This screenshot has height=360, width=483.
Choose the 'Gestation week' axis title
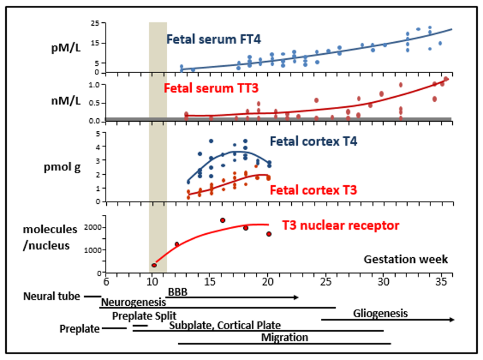[406, 259]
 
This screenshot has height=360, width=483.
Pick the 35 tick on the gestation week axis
[440, 282]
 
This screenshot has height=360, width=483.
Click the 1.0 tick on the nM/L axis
[94, 85]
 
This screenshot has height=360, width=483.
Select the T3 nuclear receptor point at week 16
[222, 220]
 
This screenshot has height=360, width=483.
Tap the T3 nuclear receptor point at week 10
[154, 265]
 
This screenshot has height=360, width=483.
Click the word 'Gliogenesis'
[380, 313]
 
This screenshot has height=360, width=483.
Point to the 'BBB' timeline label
[178, 292]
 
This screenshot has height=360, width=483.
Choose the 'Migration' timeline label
[284, 338]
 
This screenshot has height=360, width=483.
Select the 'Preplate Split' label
[144, 315]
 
